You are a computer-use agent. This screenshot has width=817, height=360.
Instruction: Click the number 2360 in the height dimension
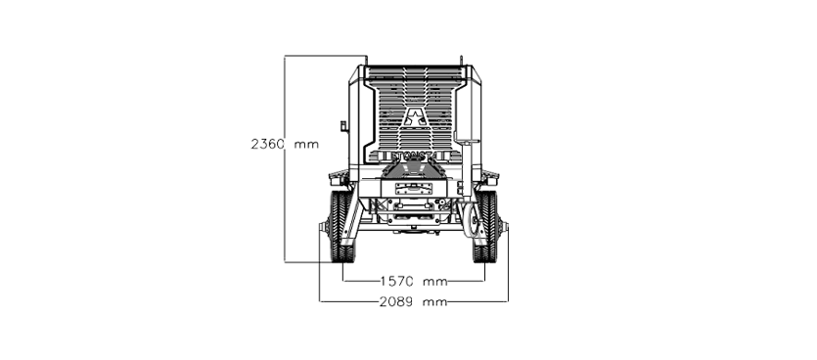point(268,144)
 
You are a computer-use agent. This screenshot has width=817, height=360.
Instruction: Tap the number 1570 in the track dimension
point(397,282)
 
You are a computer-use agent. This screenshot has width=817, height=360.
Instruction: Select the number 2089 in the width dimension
point(396,301)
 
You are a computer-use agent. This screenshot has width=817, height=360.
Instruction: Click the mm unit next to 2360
point(306,145)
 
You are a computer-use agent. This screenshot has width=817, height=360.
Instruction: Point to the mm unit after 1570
point(435,282)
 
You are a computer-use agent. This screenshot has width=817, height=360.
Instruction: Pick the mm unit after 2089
point(435,302)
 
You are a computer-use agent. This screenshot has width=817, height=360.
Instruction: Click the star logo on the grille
point(416,117)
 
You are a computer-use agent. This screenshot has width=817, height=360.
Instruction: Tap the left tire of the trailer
point(341,226)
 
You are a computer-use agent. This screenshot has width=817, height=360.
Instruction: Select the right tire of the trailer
point(485,226)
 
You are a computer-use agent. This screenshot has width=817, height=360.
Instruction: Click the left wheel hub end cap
point(323,227)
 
